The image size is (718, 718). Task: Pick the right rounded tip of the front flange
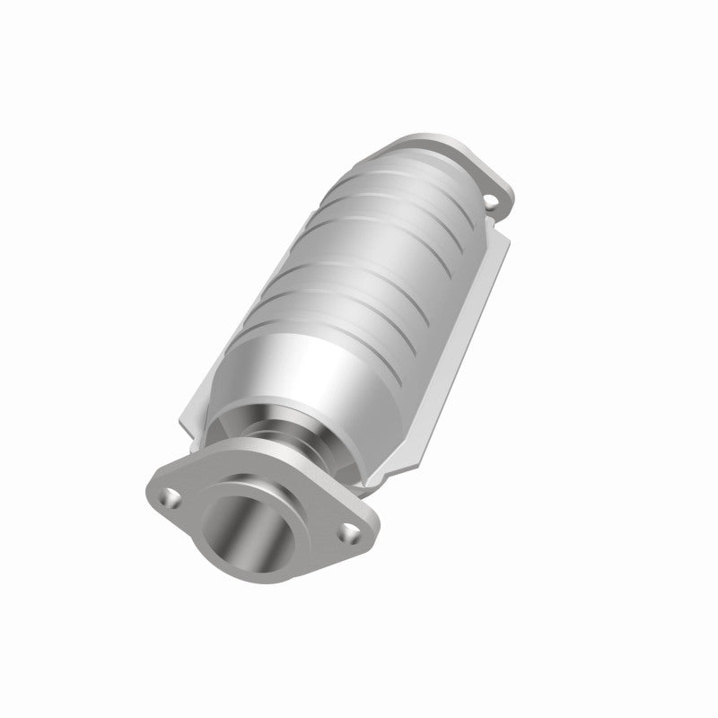(x=368, y=538)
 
